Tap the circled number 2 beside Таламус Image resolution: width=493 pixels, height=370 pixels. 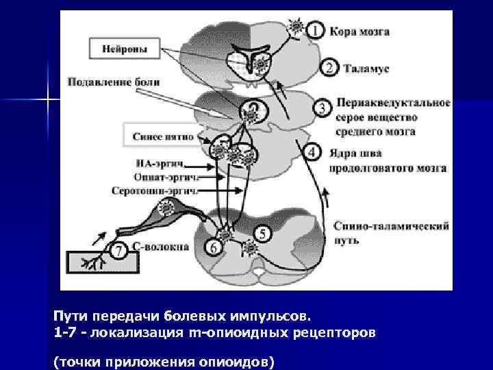329,67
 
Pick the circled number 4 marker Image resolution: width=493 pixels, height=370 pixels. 313,151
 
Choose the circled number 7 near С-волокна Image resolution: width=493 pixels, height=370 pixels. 118,252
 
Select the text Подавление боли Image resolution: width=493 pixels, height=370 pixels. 114,82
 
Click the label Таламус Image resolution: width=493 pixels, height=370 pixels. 368,68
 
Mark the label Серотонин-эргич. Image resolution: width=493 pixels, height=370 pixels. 155,190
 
